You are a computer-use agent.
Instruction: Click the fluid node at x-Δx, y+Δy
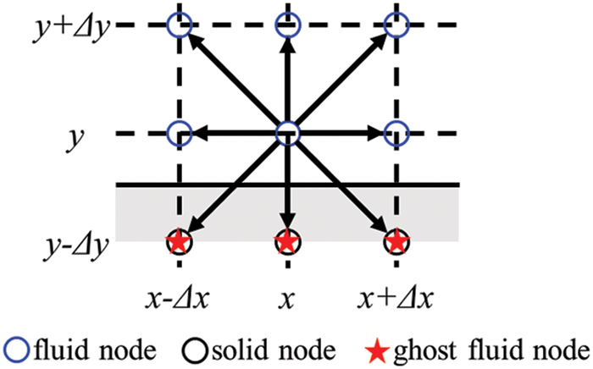[x=179, y=25]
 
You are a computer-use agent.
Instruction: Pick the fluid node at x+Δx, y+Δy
[x=396, y=25]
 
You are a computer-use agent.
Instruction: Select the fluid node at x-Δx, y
[x=179, y=133]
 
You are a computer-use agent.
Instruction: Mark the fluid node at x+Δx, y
[x=396, y=133]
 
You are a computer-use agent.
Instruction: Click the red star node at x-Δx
[x=179, y=243]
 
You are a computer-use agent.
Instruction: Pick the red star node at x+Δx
[x=396, y=243]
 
